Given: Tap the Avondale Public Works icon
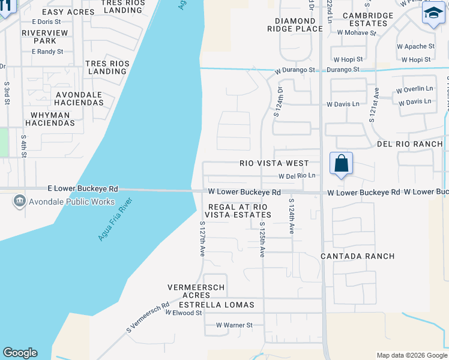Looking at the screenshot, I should pyautogui.click(x=20, y=201).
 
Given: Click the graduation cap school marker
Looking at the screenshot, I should pyautogui.click(x=433, y=14).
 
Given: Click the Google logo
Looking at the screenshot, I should pyautogui.click(x=20, y=353).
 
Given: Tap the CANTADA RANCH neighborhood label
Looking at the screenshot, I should pyautogui.click(x=357, y=256).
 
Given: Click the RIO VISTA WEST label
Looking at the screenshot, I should pyautogui.click(x=274, y=163).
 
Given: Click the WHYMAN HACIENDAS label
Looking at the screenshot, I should pyautogui.click(x=50, y=118).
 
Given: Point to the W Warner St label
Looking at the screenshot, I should pyautogui.click(x=235, y=325).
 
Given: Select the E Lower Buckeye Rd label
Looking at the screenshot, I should pyautogui.click(x=84, y=188).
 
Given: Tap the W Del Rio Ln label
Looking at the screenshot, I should pyautogui.click(x=297, y=176).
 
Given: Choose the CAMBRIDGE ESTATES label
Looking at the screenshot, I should pyautogui.click(x=368, y=19).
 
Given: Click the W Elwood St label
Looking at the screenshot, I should pyautogui.click(x=184, y=313).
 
